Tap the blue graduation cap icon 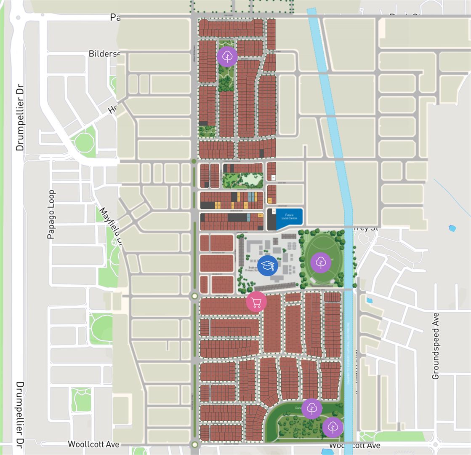268,265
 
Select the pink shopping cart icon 256,302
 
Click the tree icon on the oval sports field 321,262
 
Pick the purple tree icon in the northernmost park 227,56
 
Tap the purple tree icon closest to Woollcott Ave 333,427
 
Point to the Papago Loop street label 51,214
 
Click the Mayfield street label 110,225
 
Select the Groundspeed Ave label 436,345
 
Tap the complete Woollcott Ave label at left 93,444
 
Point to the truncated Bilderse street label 104,54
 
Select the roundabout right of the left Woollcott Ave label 194,444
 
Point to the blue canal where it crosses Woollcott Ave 349,446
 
